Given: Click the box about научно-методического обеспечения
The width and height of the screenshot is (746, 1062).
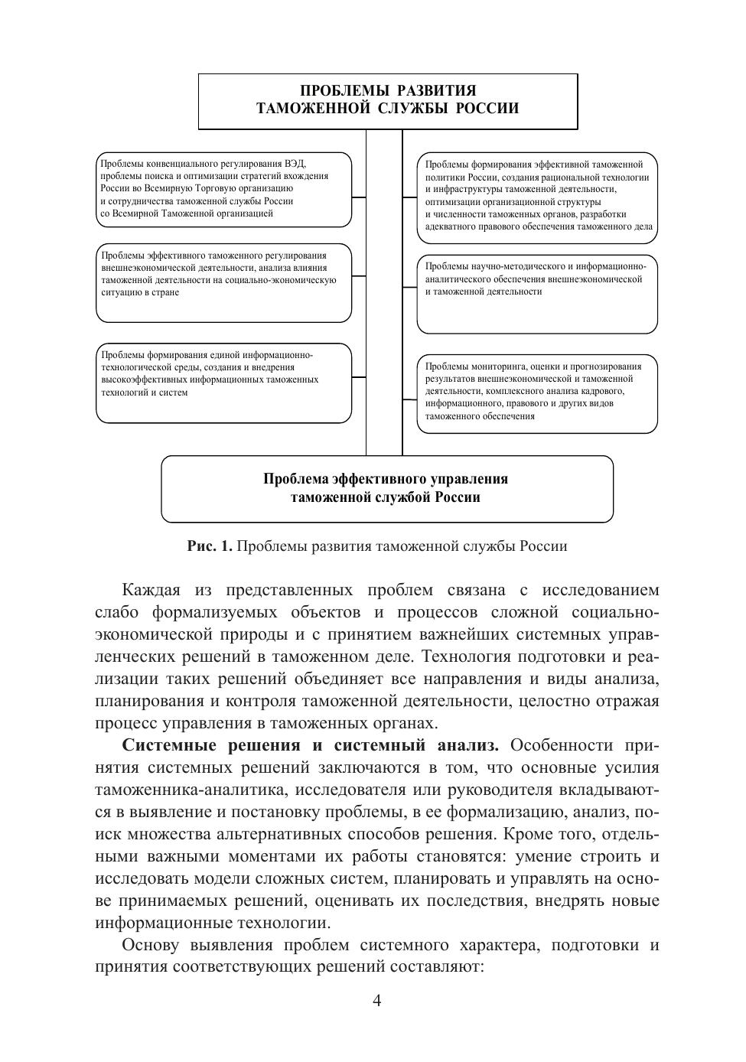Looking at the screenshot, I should pyautogui.click(x=537, y=294).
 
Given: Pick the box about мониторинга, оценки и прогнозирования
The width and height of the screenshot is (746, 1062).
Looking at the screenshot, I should pyautogui.click(x=537, y=393).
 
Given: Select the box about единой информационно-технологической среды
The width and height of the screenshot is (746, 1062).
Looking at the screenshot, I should pyautogui.click(x=223, y=383).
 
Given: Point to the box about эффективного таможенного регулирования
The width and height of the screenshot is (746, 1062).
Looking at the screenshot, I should pyautogui.click(x=223, y=282).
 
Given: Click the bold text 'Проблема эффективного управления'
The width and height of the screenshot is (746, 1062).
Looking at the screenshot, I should pyautogui.click(x=386, y=480).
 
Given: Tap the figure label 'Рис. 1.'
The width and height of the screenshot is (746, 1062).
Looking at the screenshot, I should pyautogui.click(x=210, y=546).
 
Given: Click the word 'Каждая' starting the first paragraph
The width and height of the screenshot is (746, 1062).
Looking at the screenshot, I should pyautogui.click(x=151, y=591).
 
